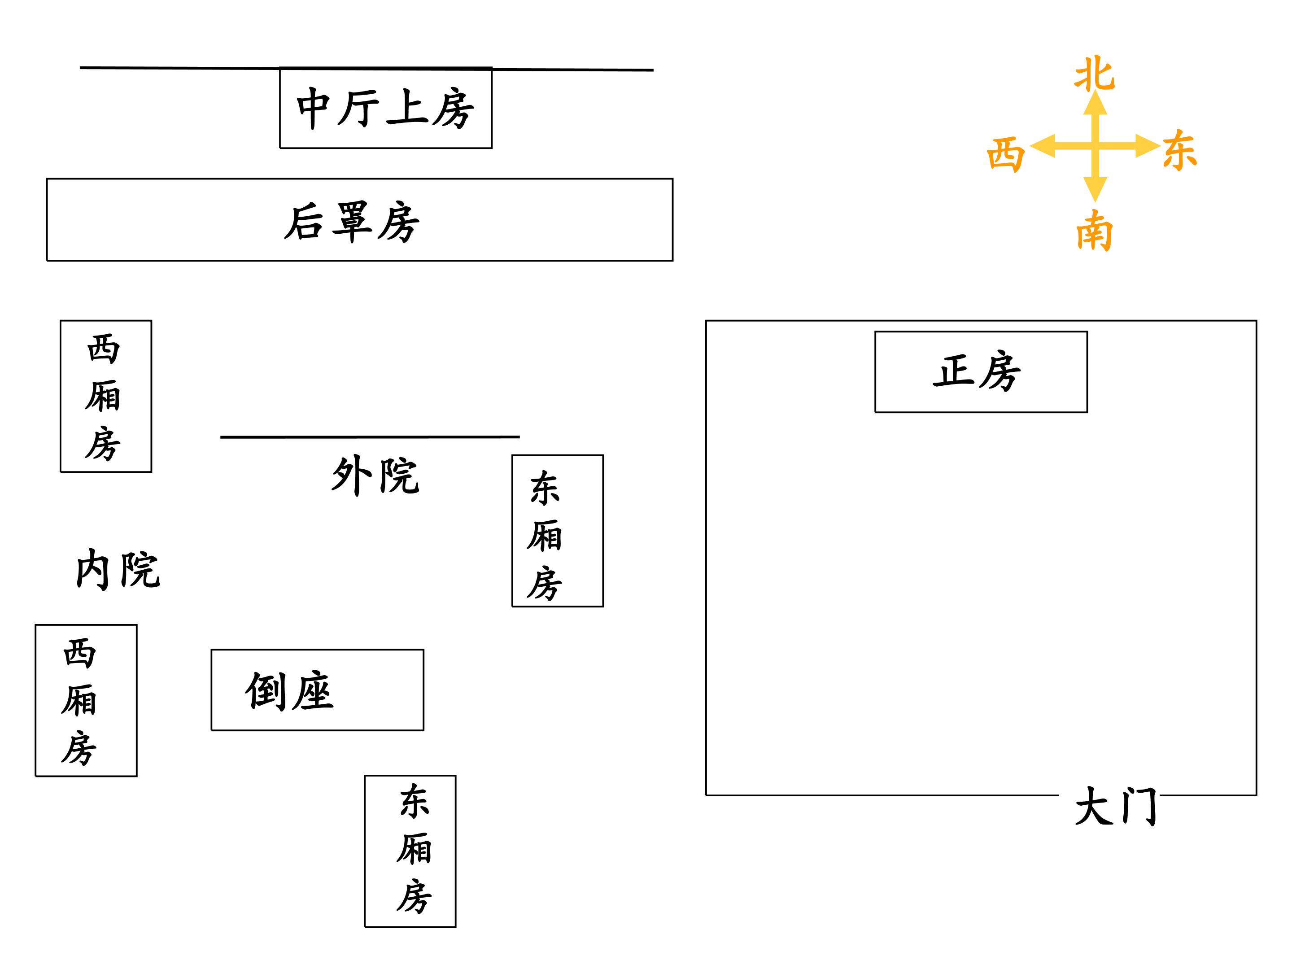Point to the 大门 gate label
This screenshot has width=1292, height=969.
[1116, 806]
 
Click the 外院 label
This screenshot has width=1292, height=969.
[375, 476]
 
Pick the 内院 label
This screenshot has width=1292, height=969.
[118, 569]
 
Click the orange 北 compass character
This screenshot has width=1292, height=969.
[1094, 74]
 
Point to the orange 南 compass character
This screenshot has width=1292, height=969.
[1094, 230]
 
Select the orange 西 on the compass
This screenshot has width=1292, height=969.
[1005, 155]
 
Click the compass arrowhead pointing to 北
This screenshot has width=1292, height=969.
[1095, 103]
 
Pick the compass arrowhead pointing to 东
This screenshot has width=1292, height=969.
[1147, 146]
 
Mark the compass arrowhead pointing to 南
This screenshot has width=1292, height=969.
[1095, 190]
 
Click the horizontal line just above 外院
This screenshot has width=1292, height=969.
[370, 436]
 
